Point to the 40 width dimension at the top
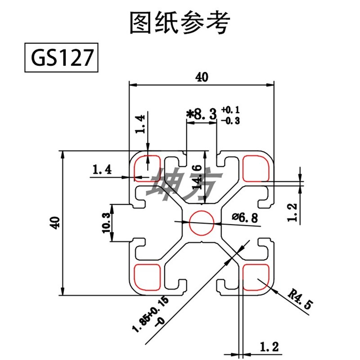pos(202,77)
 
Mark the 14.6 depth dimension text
pos(196,176)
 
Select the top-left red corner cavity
pos(147,168)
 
